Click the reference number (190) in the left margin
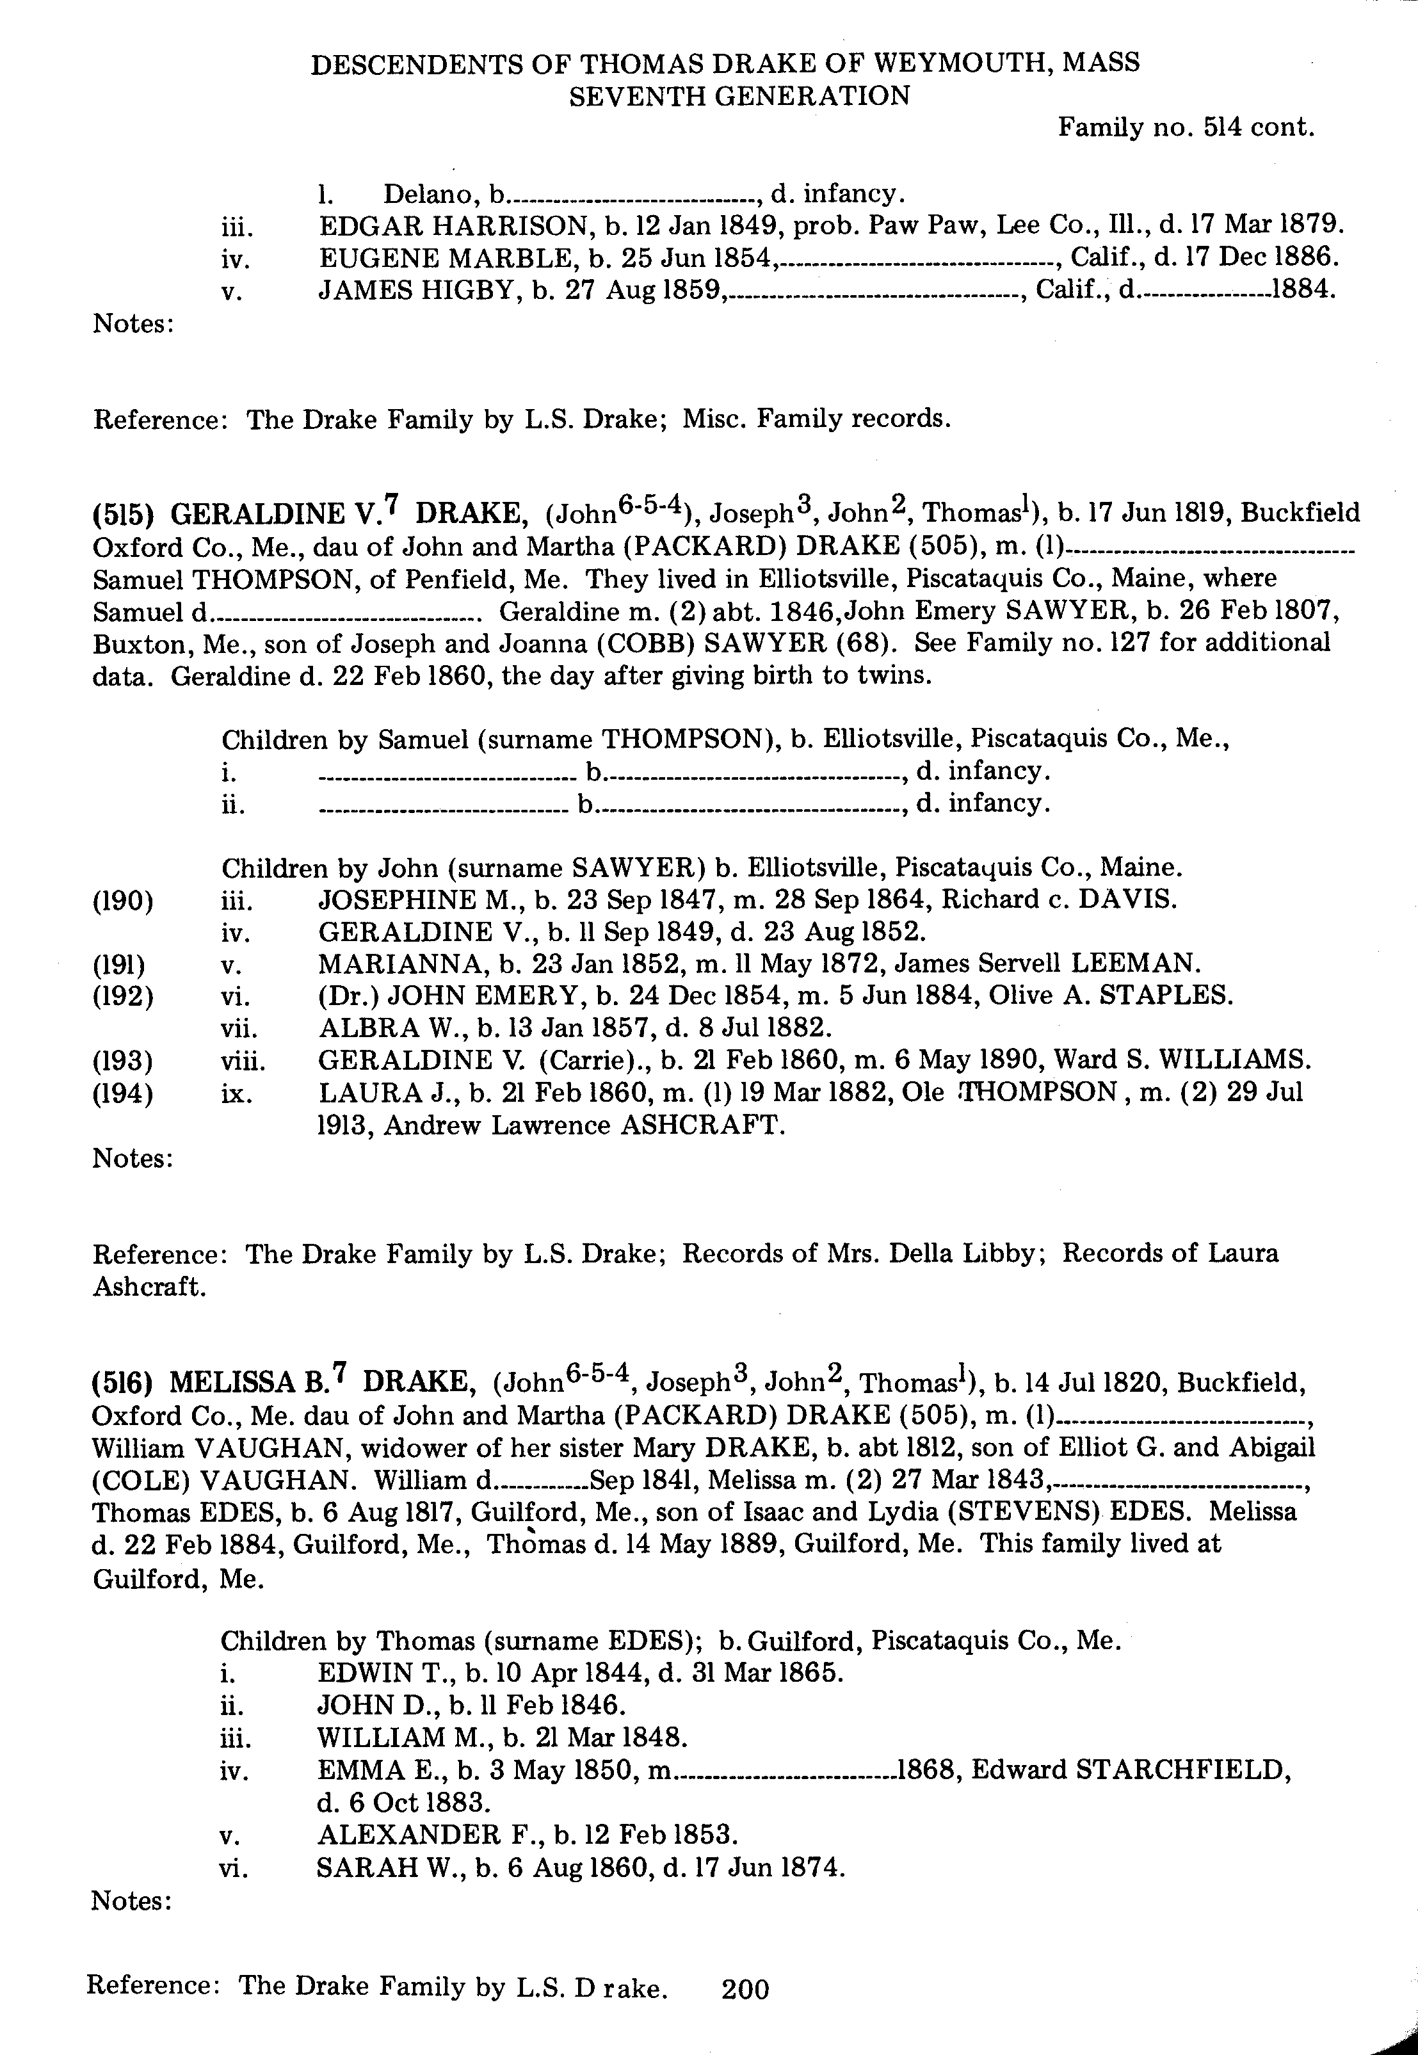click(123, 901)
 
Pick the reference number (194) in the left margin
click(123, 1093)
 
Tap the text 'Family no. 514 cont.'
click(1185, 128)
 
